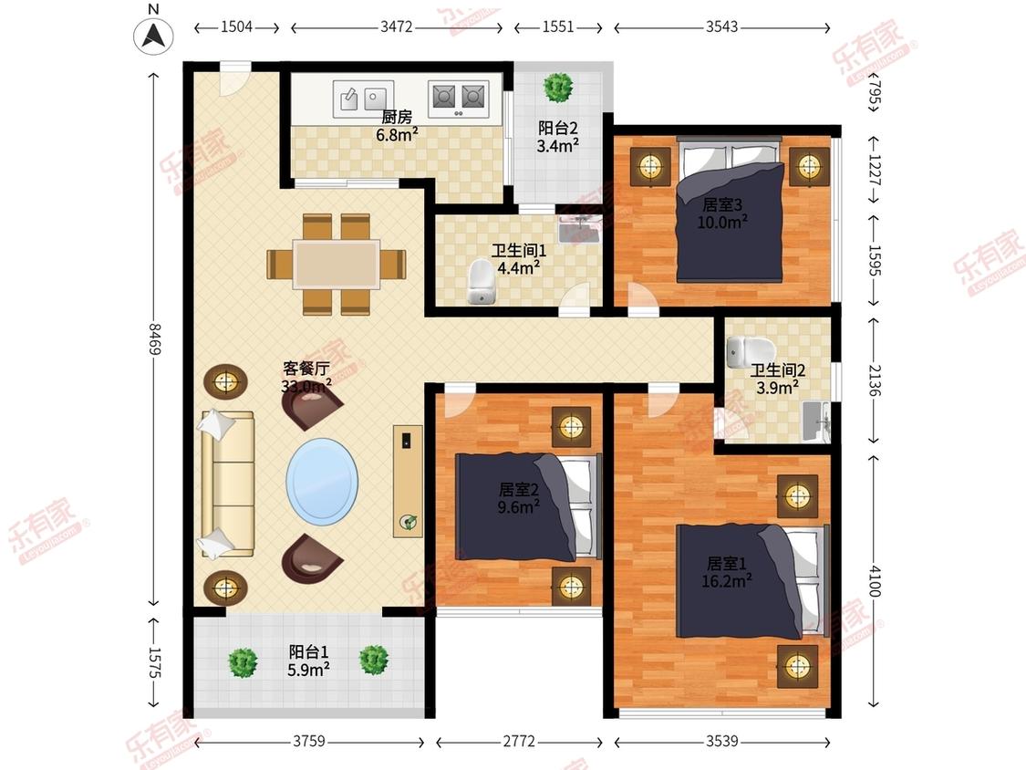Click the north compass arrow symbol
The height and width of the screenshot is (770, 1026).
154,35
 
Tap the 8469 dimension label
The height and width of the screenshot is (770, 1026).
154,338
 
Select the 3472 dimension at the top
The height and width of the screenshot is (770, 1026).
397,26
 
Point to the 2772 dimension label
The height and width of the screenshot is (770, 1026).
519,741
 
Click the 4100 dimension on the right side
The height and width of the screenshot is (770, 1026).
875,581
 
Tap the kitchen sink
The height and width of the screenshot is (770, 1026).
363,99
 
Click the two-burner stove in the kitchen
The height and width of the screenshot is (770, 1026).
459,99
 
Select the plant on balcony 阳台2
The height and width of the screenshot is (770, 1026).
558,87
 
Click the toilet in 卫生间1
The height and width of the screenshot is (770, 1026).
482,282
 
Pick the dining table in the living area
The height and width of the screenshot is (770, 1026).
337,265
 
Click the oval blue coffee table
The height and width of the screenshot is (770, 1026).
322,482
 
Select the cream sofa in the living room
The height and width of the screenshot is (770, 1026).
227,484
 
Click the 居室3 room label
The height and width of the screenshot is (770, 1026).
722,204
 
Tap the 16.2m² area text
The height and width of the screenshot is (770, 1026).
726,580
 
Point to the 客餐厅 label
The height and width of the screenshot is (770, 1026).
306,369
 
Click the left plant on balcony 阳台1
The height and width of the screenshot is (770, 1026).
243,662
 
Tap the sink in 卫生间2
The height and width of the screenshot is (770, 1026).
816,421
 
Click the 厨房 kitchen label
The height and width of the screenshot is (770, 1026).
398,117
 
